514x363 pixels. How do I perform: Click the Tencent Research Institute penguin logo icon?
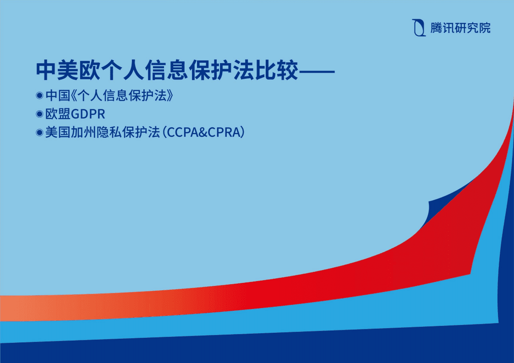[418, 28]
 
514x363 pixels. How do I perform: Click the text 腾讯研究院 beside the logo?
[460, 28]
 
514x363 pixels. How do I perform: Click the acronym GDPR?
[87, 114]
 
